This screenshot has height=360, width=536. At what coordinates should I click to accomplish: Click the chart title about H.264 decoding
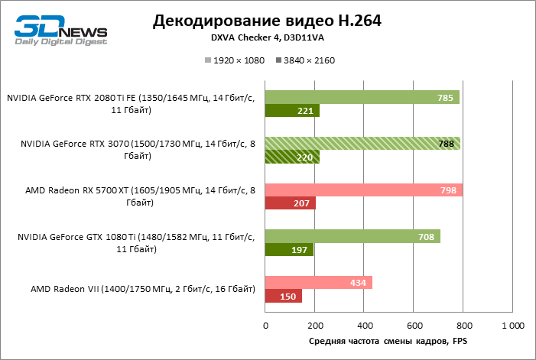[267, 21]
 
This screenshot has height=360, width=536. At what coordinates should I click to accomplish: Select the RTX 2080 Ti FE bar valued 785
[362, 97]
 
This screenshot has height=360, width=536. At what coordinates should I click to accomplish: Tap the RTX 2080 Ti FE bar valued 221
[292, 111]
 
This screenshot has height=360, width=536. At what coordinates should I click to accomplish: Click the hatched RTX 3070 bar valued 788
[362, 143]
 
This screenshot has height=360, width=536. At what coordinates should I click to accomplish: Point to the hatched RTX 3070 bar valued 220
[292, 157]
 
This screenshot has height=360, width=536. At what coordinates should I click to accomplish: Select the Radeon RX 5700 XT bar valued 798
[363, 190]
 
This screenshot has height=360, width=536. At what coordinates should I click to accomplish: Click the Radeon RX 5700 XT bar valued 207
[291, 203]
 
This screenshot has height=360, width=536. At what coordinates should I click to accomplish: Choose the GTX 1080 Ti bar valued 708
[352, 236]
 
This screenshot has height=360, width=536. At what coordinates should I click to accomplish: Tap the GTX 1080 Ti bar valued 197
[289, 250]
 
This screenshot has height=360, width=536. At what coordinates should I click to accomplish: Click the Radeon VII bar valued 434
[319, 282]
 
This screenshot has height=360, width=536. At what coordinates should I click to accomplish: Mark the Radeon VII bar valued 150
[284, 296]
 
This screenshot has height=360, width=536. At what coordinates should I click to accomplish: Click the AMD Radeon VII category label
[143, 289]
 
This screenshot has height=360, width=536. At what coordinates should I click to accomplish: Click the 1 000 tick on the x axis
[512, 326]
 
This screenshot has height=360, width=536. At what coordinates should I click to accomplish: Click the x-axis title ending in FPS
[388, 341]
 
